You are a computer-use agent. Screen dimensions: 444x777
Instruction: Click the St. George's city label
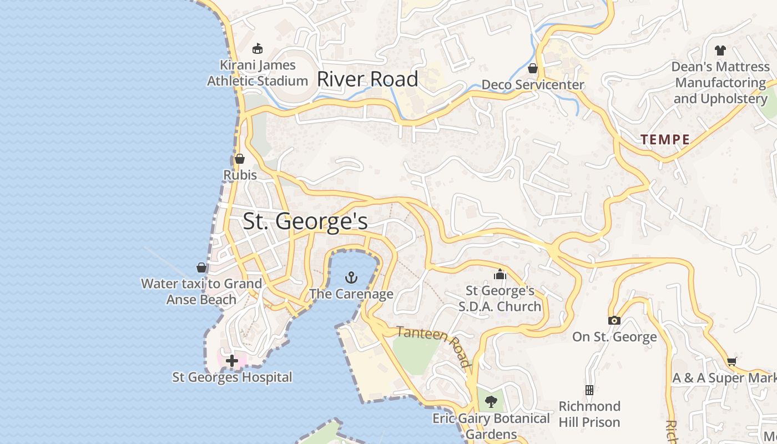(x=305, y=221)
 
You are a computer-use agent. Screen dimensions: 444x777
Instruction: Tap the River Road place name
(x=367, y=79)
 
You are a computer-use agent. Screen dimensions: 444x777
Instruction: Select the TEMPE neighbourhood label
(x=665, y=140)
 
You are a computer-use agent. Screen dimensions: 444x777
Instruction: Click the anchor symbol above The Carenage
(x=351, y=277)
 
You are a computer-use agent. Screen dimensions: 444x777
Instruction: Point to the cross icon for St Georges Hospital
(x=232, y=361)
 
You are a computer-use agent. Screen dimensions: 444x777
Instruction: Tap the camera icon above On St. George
(x=614, y=320)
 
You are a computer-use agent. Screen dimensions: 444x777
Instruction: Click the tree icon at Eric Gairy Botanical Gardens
(x=491, y=402)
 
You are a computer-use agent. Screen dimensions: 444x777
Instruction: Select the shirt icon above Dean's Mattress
(x=720, y=51)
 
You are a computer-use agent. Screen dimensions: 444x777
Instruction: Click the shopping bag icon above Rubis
(x=240, y=159)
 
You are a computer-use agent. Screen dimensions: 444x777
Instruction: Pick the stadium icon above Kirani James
(x=257, y=49)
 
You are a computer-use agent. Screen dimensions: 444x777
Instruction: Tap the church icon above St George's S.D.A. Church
(x=500, y=274)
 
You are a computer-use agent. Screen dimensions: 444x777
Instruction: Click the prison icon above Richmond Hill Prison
(x=589, y=390)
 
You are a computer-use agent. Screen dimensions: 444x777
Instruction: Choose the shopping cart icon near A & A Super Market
(x=731, y=361)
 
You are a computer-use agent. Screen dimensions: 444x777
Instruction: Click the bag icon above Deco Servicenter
(x=533, y=68)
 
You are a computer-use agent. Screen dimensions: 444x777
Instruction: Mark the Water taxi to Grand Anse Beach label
(x=201, y=291)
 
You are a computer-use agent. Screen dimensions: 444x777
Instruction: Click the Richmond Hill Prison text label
(x=589, y=414)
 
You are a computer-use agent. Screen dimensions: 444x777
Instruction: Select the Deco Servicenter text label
(x=533, y=85)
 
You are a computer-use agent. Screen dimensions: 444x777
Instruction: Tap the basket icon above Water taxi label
(x=201, y=268)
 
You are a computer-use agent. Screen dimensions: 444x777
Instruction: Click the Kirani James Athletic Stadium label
(x=258, y=73)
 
